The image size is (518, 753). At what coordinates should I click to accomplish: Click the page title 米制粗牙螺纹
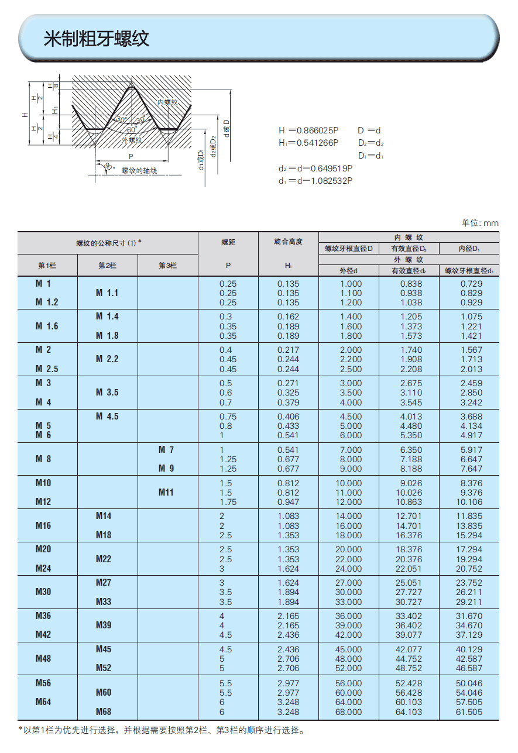(x=97, y=39)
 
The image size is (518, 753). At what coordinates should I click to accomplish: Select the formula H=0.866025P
(x=308, y=130)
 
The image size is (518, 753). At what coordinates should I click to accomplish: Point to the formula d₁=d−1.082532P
(x=315, y=180)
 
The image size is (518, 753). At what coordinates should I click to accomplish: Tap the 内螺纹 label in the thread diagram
(x=167, y=102)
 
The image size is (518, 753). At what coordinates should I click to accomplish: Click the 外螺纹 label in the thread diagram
(x=132, y=140)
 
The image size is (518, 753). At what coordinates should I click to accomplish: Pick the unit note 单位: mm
(x=480, y=222)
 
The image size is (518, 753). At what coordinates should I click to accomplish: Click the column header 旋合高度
(x=288, y=241)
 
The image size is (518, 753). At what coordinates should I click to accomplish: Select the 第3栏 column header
(x=167, y=265)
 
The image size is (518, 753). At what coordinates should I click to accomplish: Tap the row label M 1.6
(x=47, y=326)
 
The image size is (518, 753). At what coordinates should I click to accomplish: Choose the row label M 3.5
(x=107, y=393)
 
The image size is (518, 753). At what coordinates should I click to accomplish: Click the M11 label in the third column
(x=166, y=493)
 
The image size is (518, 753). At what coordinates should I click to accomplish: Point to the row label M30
(x=44, y=592)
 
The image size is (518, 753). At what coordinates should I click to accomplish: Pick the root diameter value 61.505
(x=469, y=712)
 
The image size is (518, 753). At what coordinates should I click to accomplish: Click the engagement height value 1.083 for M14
(x=288, y=516)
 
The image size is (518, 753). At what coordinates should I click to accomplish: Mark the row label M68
(x=104, y=712)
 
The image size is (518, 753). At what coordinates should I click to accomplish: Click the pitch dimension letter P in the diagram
(x=131, y=157)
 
